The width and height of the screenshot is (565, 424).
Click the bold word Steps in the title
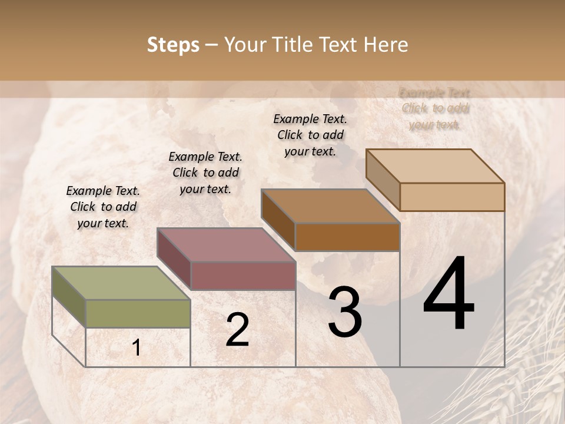coord(173,45)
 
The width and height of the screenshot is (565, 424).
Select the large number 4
coord(448,294)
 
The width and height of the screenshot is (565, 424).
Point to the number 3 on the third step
coord(344,312)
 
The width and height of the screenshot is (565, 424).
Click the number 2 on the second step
coord(237,330)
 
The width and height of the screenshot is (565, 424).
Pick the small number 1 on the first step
coord(136,348)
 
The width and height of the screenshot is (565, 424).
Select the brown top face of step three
coord(330,206)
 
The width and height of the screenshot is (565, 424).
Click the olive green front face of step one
coord(138,313)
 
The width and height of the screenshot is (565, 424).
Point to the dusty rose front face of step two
coord(242,276)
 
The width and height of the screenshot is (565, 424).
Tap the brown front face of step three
coord(347,237)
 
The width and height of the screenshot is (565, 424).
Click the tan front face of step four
coord(452,197)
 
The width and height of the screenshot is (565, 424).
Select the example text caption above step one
coord(103,207)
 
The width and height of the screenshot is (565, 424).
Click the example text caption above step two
coord(205,173)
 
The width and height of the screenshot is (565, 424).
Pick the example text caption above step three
coord(310,135)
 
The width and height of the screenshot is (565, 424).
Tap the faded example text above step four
coord(434,108)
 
